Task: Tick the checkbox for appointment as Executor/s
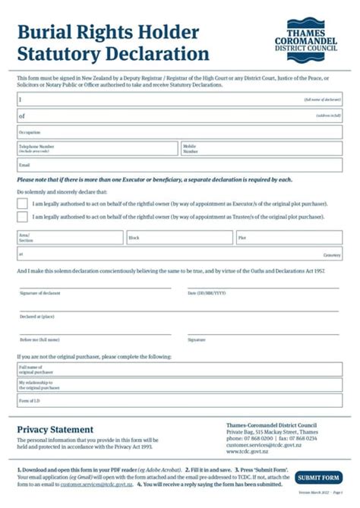pos(22,204)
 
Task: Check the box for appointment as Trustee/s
pos(22,216)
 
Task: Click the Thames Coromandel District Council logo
pos(309,36)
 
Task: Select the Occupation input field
pos(179,132)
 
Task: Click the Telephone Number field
pos(97,148)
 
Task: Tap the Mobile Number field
pos(261,148)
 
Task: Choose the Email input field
pos(179,165)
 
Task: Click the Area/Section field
pos(70,238)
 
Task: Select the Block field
pos(178,238)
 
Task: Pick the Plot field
pos(289,238)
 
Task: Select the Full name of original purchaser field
pos(179,370)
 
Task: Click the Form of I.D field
pos(179,400)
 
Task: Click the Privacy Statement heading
pos(55,430)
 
